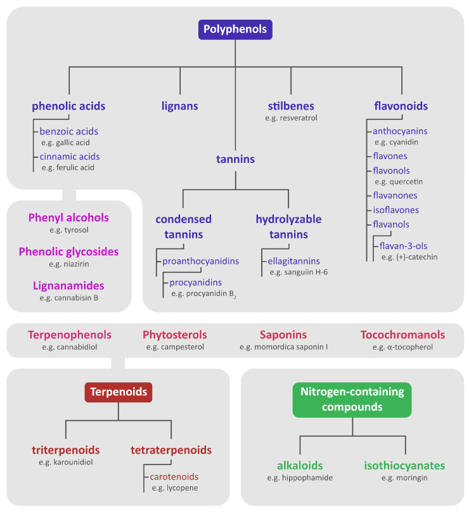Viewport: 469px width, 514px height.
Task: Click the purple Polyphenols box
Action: coord(235,29)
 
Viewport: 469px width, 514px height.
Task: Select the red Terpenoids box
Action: coord(119,392)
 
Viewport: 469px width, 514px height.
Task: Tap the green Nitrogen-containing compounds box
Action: coord(352,399)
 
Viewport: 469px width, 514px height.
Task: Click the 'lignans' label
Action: coord(180,106)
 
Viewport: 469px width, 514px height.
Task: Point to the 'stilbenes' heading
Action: coord(291,106)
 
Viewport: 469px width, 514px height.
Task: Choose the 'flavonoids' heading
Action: coord(401,106)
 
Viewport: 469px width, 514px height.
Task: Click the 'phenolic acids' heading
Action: coord(68,106)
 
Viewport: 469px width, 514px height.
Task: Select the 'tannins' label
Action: coord(235,159)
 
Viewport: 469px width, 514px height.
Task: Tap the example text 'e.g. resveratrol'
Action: coord(291,118)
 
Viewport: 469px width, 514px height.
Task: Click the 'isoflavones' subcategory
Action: coord(395,210)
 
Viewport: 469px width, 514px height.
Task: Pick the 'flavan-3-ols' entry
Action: coord(409,246)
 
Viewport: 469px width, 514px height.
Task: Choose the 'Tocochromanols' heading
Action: coord(402,335)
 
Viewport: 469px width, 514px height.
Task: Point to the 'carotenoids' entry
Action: coord(174,476)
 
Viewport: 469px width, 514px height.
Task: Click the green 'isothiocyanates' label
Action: coord(404,466)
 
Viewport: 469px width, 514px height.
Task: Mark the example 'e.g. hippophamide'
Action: coord(300,477)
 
